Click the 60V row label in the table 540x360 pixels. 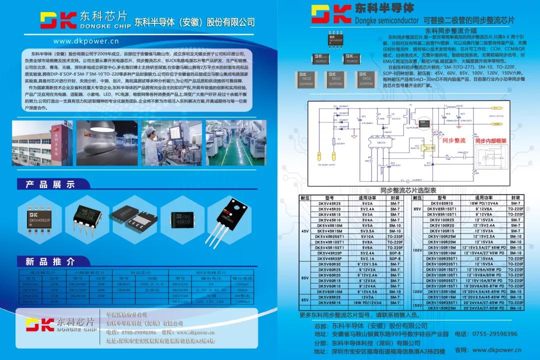pyautogui.click(x=305, y=278)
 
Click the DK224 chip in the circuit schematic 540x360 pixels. pyautogui.click(x=381, y=142)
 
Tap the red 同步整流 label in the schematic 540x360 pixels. pyautogui.click(x=454, y=141)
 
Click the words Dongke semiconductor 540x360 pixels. pyautogui.click(x=386, y=21)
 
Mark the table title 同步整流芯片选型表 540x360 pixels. pyautogui.click(x=408, y=190)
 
